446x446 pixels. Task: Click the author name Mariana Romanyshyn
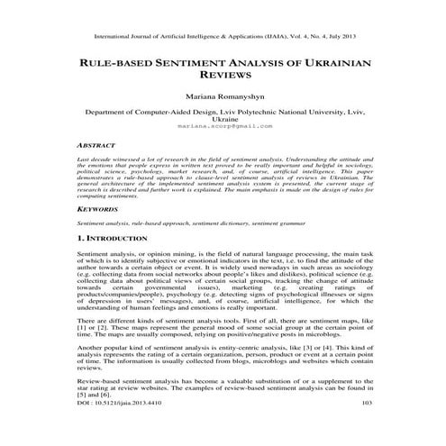pyautogui.click(x=223, y=95)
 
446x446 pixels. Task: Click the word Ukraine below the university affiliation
pyautogui.click(x=223, y=120)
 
